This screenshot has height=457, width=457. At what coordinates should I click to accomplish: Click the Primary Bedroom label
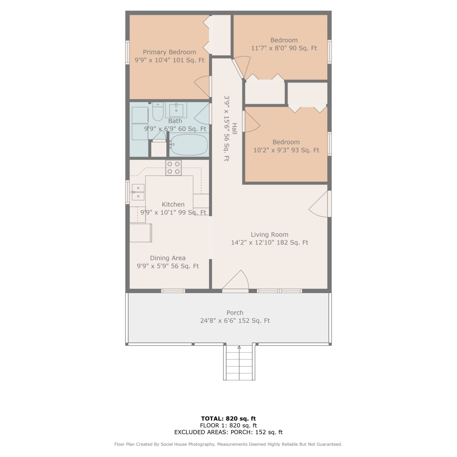point(169,52)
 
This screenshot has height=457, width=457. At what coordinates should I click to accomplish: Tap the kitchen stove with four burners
point(173,168)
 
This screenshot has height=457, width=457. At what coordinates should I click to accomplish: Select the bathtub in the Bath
point(189,144)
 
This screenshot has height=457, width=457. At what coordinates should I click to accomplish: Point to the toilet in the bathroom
point(158,112)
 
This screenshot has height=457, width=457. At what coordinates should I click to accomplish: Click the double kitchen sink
point(138,192)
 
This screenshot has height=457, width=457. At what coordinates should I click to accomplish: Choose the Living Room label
point(270,235)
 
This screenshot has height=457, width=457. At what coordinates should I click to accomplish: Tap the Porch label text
point(235,313)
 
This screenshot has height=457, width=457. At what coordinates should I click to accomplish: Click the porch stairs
point(239,363)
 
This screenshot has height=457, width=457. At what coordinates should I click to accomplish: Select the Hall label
point(235,129)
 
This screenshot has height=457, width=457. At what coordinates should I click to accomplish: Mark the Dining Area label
point(168,258)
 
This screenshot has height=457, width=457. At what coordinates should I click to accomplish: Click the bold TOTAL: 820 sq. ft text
point(228,419)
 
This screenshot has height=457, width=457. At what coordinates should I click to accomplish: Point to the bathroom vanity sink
point(176,110)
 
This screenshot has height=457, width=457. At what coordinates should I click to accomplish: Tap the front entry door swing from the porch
point(235,280)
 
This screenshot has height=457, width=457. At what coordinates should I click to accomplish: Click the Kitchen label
point(173,204)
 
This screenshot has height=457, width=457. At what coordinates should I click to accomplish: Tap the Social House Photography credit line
point(228,444)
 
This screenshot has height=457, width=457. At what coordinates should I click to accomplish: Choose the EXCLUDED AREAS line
point(228,432)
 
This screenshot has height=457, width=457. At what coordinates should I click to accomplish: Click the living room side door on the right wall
point(320,204)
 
